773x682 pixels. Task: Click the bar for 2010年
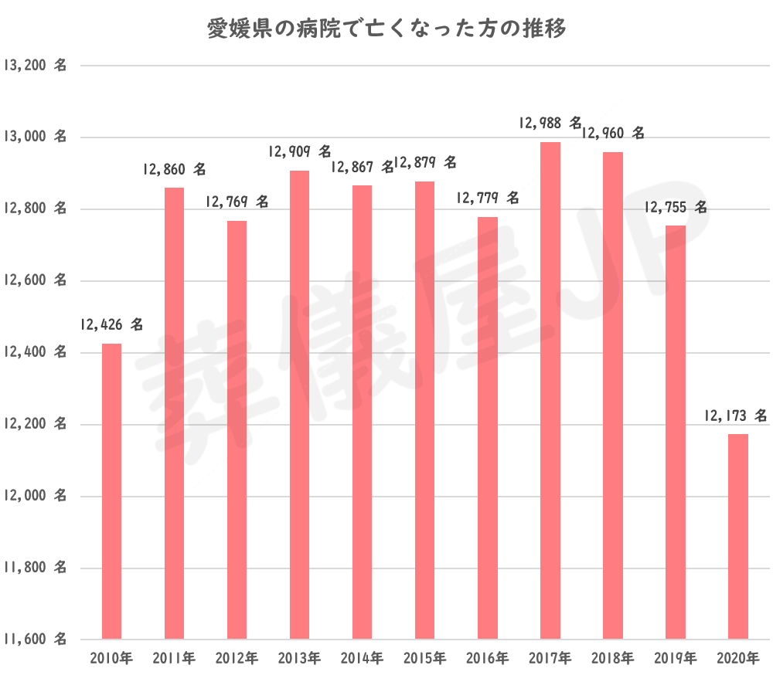pyautogui.click(x=112, y=491)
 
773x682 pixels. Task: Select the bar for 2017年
pyautogui.click(x=550, y=390)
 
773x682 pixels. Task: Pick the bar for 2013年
pyautogui.click(x=300, y=405)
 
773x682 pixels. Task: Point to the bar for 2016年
pyautogui.click(x=488, y=428)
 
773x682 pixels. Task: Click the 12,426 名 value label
pyautogui.click(x=111, y=324)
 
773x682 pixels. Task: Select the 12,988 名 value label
pyautogui.click(x=550, y=122)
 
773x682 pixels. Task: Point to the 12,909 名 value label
pyautogui.click(x=300, y=151)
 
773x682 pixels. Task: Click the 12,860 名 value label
pyautogui.click(x=175, y=168)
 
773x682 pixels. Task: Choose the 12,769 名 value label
pyautogui.click(x=237, y=202)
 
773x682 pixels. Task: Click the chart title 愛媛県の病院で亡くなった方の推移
pyautogui.click(x=386, y=29)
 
